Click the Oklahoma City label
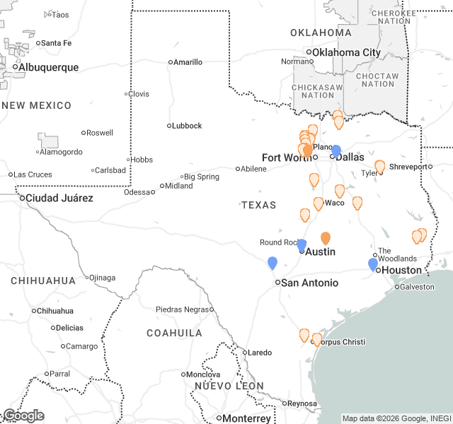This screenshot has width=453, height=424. tap(346, 52)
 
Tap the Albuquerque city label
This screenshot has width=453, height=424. tap(48, 67)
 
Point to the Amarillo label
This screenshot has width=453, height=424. tap(188, 62)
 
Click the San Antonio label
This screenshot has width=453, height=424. tap(309, 283)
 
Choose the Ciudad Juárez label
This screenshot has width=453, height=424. tap(59, 198)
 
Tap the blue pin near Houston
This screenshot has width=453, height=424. tap(373, 264)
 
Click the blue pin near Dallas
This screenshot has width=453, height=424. tap(336, 151)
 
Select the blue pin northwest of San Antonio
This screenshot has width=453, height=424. tap(273, 263)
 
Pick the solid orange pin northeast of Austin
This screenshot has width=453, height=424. tap(326, 238)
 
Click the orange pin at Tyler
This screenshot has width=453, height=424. tap(379, 166)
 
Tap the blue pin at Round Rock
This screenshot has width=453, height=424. tap(302, 245)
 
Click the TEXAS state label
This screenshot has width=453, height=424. tap(258, 205)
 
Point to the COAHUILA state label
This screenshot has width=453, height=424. tap(174, 332)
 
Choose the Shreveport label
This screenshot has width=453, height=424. tap(410, 167)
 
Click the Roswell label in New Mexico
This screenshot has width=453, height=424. tap(100, 133)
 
